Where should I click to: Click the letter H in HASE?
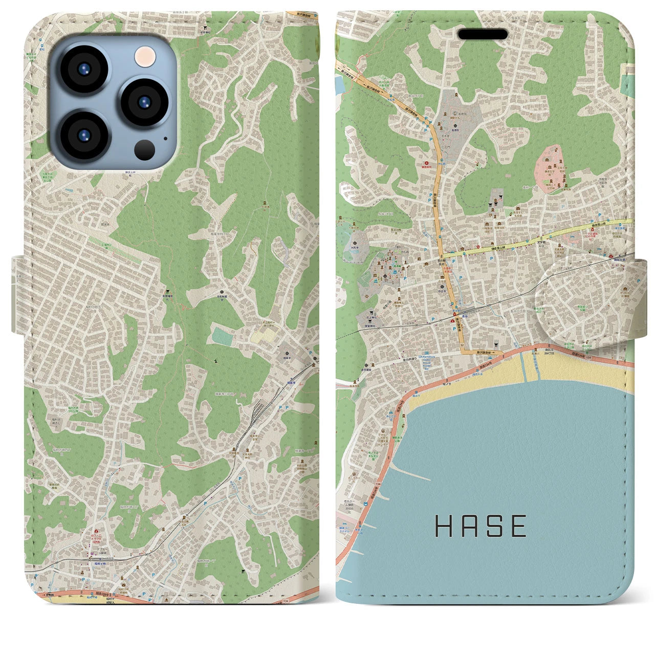coord(443,526)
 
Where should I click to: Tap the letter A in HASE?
coord(466,526)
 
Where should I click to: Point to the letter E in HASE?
coord(518,526)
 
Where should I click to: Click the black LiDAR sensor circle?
coord(146,149)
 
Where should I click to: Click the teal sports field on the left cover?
coord(223,336)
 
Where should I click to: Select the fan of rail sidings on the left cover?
coord(259,409)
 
